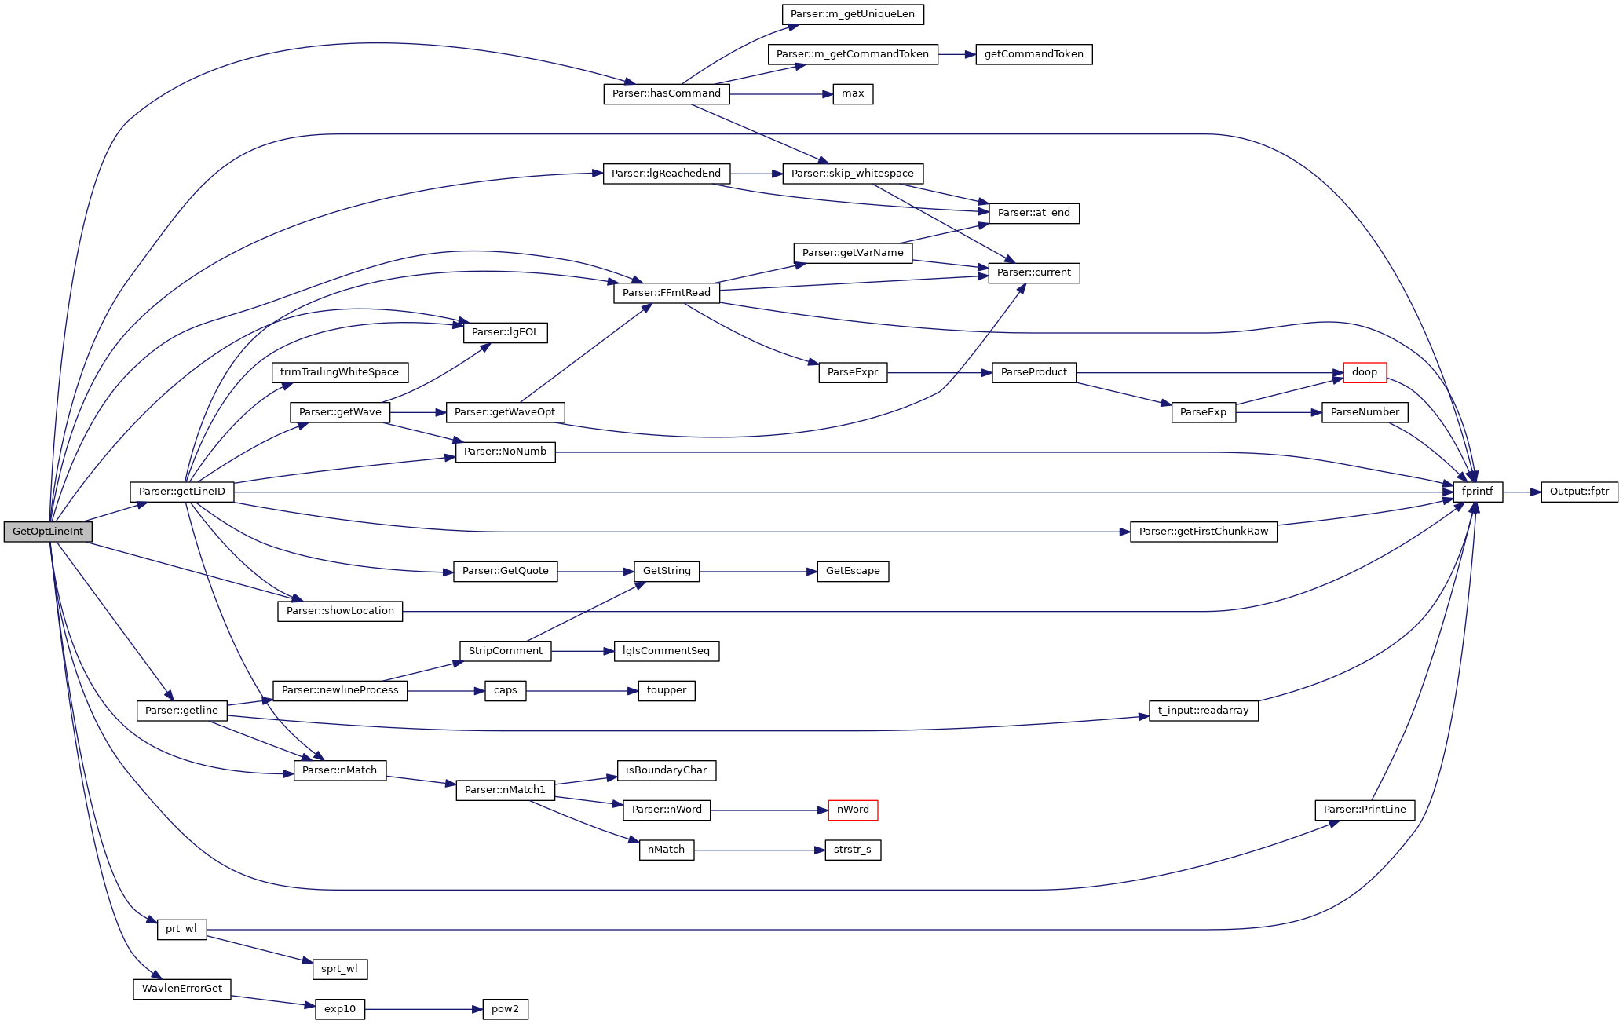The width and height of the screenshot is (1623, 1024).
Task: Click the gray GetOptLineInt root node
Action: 48,532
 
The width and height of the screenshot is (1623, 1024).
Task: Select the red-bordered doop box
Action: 1365,372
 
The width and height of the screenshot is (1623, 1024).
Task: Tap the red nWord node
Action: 853,810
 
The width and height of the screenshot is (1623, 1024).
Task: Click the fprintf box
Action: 1477,492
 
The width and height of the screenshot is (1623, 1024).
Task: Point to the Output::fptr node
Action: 1579,492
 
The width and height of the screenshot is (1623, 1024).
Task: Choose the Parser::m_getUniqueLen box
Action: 852,14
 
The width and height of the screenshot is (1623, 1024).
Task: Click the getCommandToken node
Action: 1033,54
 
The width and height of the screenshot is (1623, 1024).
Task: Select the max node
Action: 853,93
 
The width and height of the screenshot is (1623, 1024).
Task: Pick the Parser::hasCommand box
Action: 666,93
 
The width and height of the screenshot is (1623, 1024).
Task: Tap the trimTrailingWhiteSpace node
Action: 339,372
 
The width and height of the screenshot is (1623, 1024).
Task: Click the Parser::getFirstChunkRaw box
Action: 1203,532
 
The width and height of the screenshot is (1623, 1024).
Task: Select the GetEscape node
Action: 853,571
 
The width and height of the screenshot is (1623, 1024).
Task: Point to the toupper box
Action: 666,690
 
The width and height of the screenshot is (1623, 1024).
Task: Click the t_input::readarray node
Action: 1203,711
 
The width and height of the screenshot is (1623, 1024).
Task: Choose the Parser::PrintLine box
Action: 1365,810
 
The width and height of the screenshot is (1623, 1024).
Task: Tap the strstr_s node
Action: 853,850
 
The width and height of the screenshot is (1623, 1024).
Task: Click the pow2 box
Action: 505,1009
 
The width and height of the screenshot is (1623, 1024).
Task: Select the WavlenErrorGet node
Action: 181,989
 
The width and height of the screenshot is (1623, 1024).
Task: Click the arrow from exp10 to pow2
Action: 423,1009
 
